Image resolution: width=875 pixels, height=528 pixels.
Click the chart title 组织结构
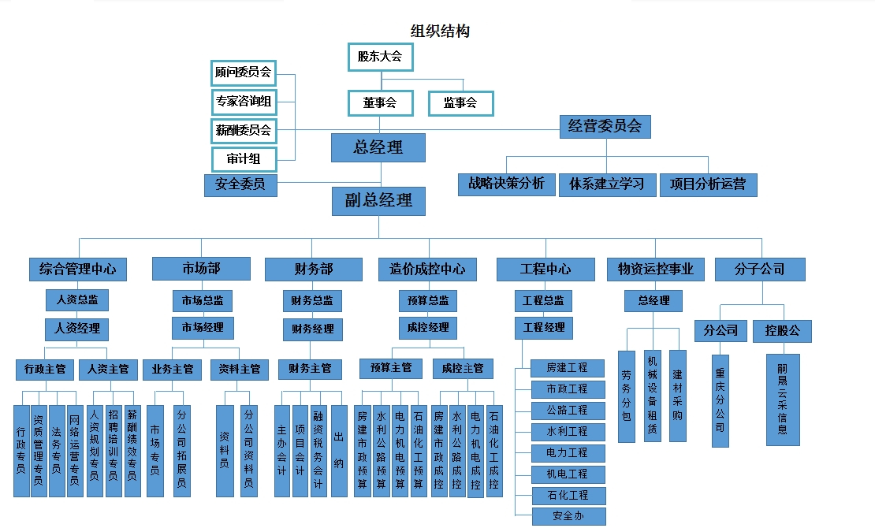pos(440,32)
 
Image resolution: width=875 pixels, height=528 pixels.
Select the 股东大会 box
pos(380,57)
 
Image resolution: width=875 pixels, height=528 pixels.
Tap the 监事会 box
pos(460,102)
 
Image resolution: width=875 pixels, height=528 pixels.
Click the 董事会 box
pos(380,102)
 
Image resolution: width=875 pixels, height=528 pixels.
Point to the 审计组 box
pos(244,158)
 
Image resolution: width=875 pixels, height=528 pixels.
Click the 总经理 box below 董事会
pos(378,147)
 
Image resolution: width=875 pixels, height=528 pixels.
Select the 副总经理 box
pos(378,201)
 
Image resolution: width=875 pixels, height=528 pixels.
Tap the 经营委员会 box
pos(605,126)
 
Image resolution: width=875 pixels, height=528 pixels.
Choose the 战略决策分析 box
pos(506,184)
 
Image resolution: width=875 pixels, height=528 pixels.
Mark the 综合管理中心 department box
pos(77,269)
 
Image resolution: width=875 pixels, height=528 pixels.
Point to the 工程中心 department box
pos(545,269)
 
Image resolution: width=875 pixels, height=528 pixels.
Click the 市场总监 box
pos(203,300)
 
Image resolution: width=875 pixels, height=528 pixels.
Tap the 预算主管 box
pos(391,368)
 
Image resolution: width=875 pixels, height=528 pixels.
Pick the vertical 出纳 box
pos(339,451)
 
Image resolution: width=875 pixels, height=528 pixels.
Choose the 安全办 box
pos(568,516)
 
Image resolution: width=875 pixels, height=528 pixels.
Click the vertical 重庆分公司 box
pos(720,400)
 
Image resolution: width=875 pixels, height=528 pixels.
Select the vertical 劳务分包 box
pos(627,396)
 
